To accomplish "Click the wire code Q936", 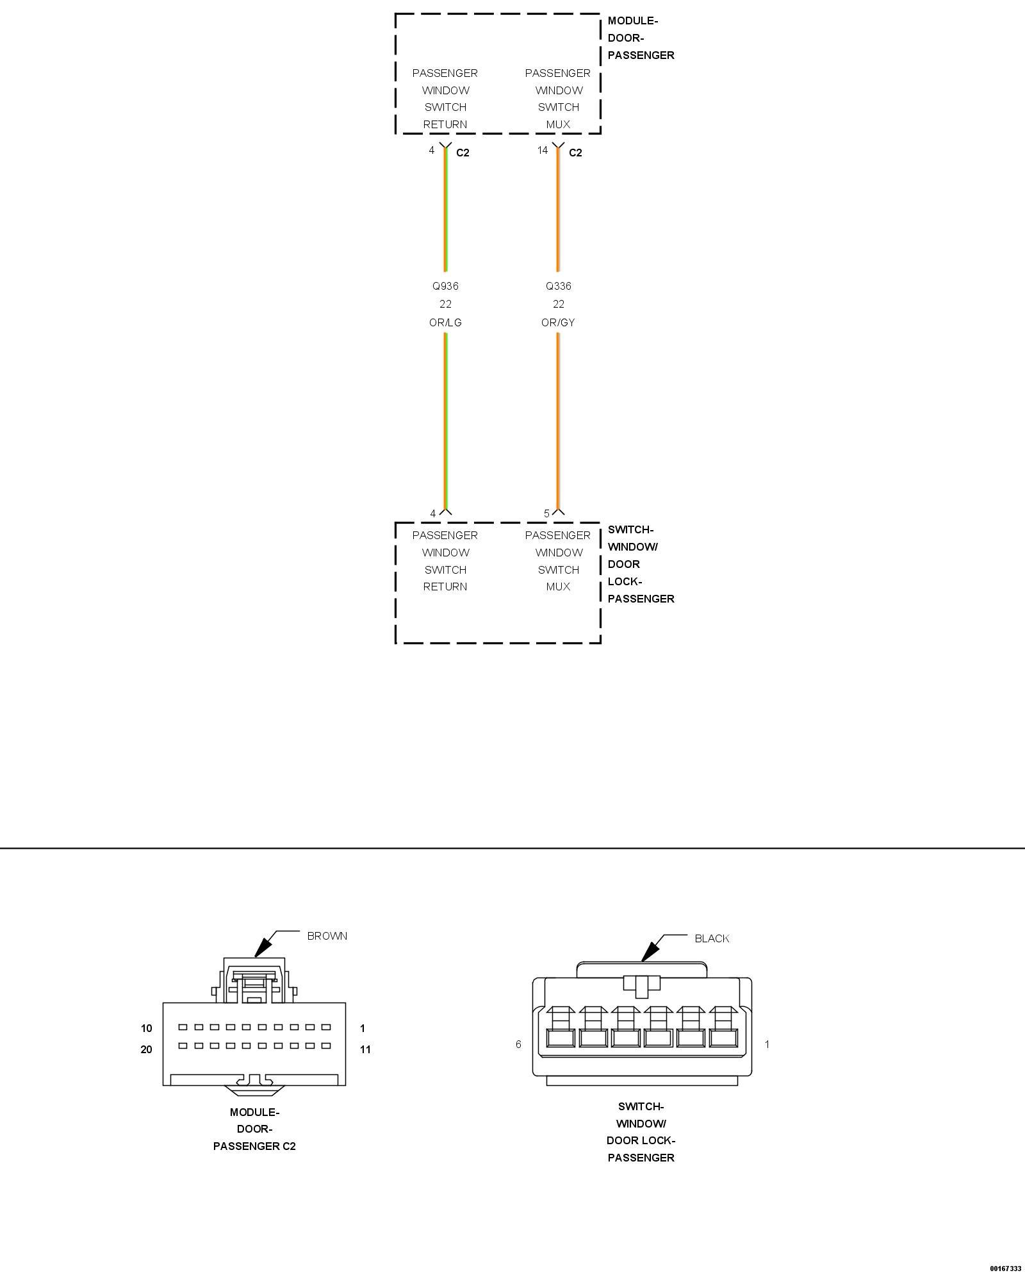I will (445, 286).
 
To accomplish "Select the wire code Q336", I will (558, 286).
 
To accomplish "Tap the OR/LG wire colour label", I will (445, 322).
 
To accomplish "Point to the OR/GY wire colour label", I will (558, 322).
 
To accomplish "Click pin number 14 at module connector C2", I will (542, 150).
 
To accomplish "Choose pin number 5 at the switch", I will (546, 513).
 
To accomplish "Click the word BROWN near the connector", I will (327, 936).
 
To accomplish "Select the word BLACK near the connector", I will (712, 938).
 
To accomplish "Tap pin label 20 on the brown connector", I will (147, 1049).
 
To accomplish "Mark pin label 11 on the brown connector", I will (365, 1049).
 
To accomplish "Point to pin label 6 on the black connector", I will (518, 1044).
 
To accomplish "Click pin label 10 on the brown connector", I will (147, 1028).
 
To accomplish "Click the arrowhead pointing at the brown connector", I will (261, 948).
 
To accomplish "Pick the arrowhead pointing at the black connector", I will (650, 951).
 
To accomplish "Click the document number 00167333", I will (1005, 1268).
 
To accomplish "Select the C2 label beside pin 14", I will (575, 153).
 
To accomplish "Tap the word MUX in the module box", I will (558, 124).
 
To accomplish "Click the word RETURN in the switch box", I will (445, 587).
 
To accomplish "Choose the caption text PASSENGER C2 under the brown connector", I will (254, 1146).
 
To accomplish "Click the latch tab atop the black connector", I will (641, 986).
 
